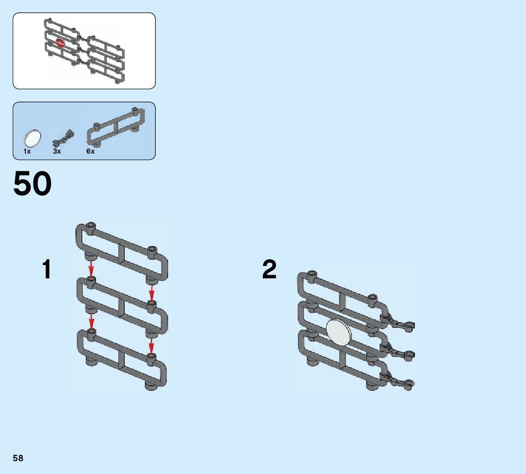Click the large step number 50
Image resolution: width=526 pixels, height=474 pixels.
click(x=32, y=184)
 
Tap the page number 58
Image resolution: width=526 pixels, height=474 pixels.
click(x=18, y=458)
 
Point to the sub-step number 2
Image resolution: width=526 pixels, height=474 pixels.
click(x=270, y=269)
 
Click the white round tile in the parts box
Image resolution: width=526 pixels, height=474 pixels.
click(x=33, y=137)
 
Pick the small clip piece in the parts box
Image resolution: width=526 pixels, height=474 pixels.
click(x=64, y=136)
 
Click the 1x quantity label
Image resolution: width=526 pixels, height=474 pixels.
click(x=27, y=151)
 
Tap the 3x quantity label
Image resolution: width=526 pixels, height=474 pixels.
click(x=57, y=151)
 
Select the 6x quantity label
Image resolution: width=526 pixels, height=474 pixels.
click(x=90, y=151)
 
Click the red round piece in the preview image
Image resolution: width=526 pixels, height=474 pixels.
click(x=60, y=43)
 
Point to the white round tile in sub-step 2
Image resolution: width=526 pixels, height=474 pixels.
click(x=339, y=331)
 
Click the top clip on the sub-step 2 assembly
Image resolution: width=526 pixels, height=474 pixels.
click(x=398, y=322)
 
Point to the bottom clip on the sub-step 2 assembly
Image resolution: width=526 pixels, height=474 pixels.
click(x=398, y=381)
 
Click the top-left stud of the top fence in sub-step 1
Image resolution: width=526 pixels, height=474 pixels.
click(x=91, y=226)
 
